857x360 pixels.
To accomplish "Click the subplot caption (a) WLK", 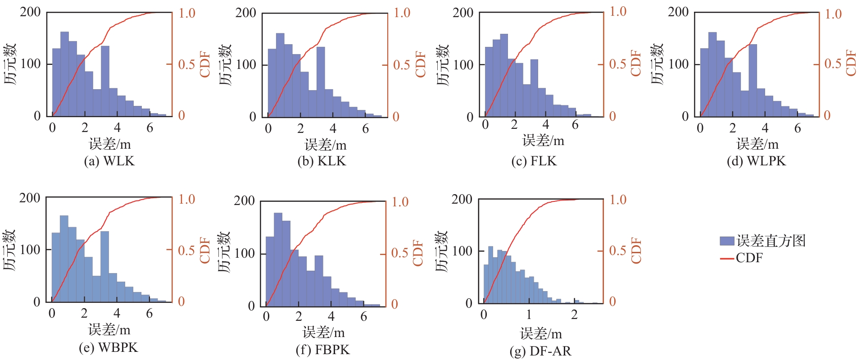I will pos(109,161).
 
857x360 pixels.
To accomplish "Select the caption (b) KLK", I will pos(322,161).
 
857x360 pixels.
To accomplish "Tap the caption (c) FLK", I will pos(534,161).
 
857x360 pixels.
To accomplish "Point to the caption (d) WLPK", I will pos(757,161).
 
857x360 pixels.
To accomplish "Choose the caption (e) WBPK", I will pos(109,347).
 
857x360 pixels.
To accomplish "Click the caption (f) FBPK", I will pos(322,350).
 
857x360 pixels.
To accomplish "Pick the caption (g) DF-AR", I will pos(540,351).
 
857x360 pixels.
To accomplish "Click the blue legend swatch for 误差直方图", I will pos(727,241).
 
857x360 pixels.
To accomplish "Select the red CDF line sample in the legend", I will pos(727,258).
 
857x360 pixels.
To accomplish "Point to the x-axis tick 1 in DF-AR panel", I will pos(529,314).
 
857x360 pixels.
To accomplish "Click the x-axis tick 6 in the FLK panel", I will pos(575,125).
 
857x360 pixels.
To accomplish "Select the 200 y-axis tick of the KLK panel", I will pos(246,13).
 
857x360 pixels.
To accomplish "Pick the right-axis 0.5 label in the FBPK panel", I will pos(400,253).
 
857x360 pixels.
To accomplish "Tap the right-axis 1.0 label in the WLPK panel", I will pos(833,14).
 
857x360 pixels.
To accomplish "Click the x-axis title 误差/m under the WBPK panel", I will pos(109,330).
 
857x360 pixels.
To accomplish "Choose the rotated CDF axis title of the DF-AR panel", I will pos(636,251).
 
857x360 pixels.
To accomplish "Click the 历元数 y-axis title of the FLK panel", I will pos(443,64).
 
